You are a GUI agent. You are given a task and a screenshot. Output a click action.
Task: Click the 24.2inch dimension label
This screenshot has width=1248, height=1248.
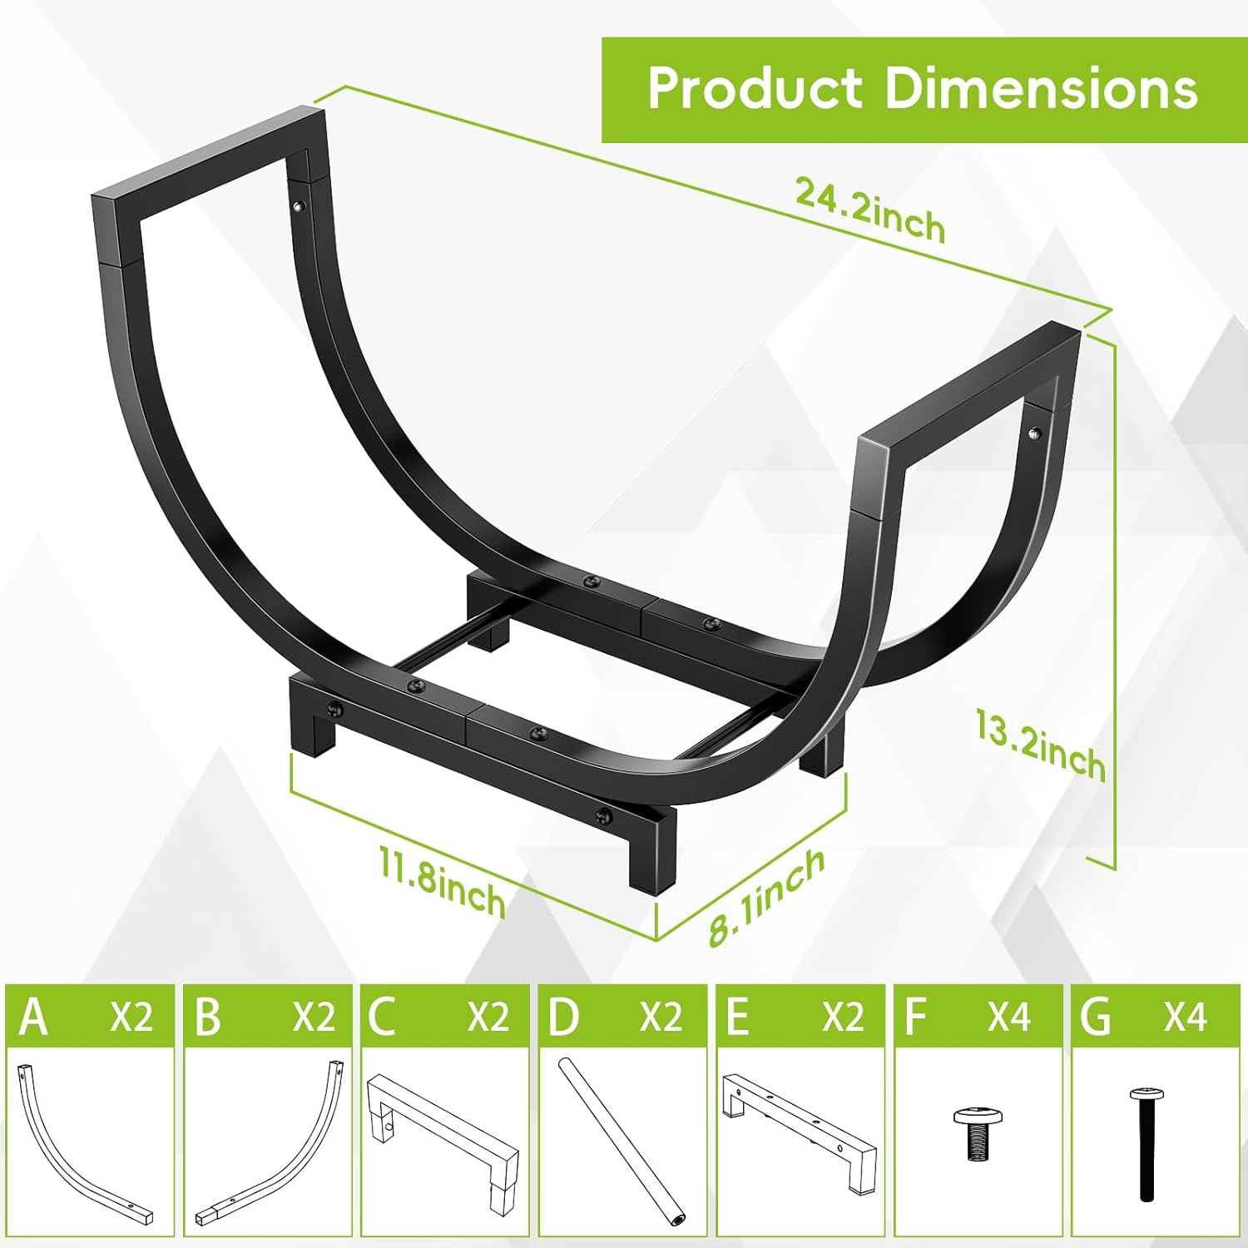(x=870, y=210)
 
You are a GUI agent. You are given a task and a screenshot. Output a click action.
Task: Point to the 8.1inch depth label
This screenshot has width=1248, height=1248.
(x=766, y=897)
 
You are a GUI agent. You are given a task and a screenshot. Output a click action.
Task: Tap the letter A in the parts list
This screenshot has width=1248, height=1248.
(x=33, y=1017)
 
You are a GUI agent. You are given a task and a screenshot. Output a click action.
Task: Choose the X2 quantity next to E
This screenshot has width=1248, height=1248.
(x=842, y=1017)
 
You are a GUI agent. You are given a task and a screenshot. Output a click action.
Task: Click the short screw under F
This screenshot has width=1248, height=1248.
(x=977, y=1132)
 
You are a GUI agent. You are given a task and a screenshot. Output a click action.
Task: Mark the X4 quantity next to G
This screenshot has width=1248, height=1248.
(x=1185, y=1017)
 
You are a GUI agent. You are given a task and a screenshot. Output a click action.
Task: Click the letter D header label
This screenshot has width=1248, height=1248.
(x=563, y=1017)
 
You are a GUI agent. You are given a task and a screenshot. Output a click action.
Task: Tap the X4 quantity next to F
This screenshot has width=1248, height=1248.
(x=1008, y=1017)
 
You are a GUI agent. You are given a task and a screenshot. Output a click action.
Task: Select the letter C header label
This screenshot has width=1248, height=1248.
(x=381, y=1017)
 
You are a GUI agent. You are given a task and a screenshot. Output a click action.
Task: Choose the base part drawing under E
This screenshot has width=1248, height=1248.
(x=799, y=1132)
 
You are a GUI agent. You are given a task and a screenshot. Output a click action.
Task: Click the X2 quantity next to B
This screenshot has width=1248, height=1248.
(x=313, y=1017)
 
